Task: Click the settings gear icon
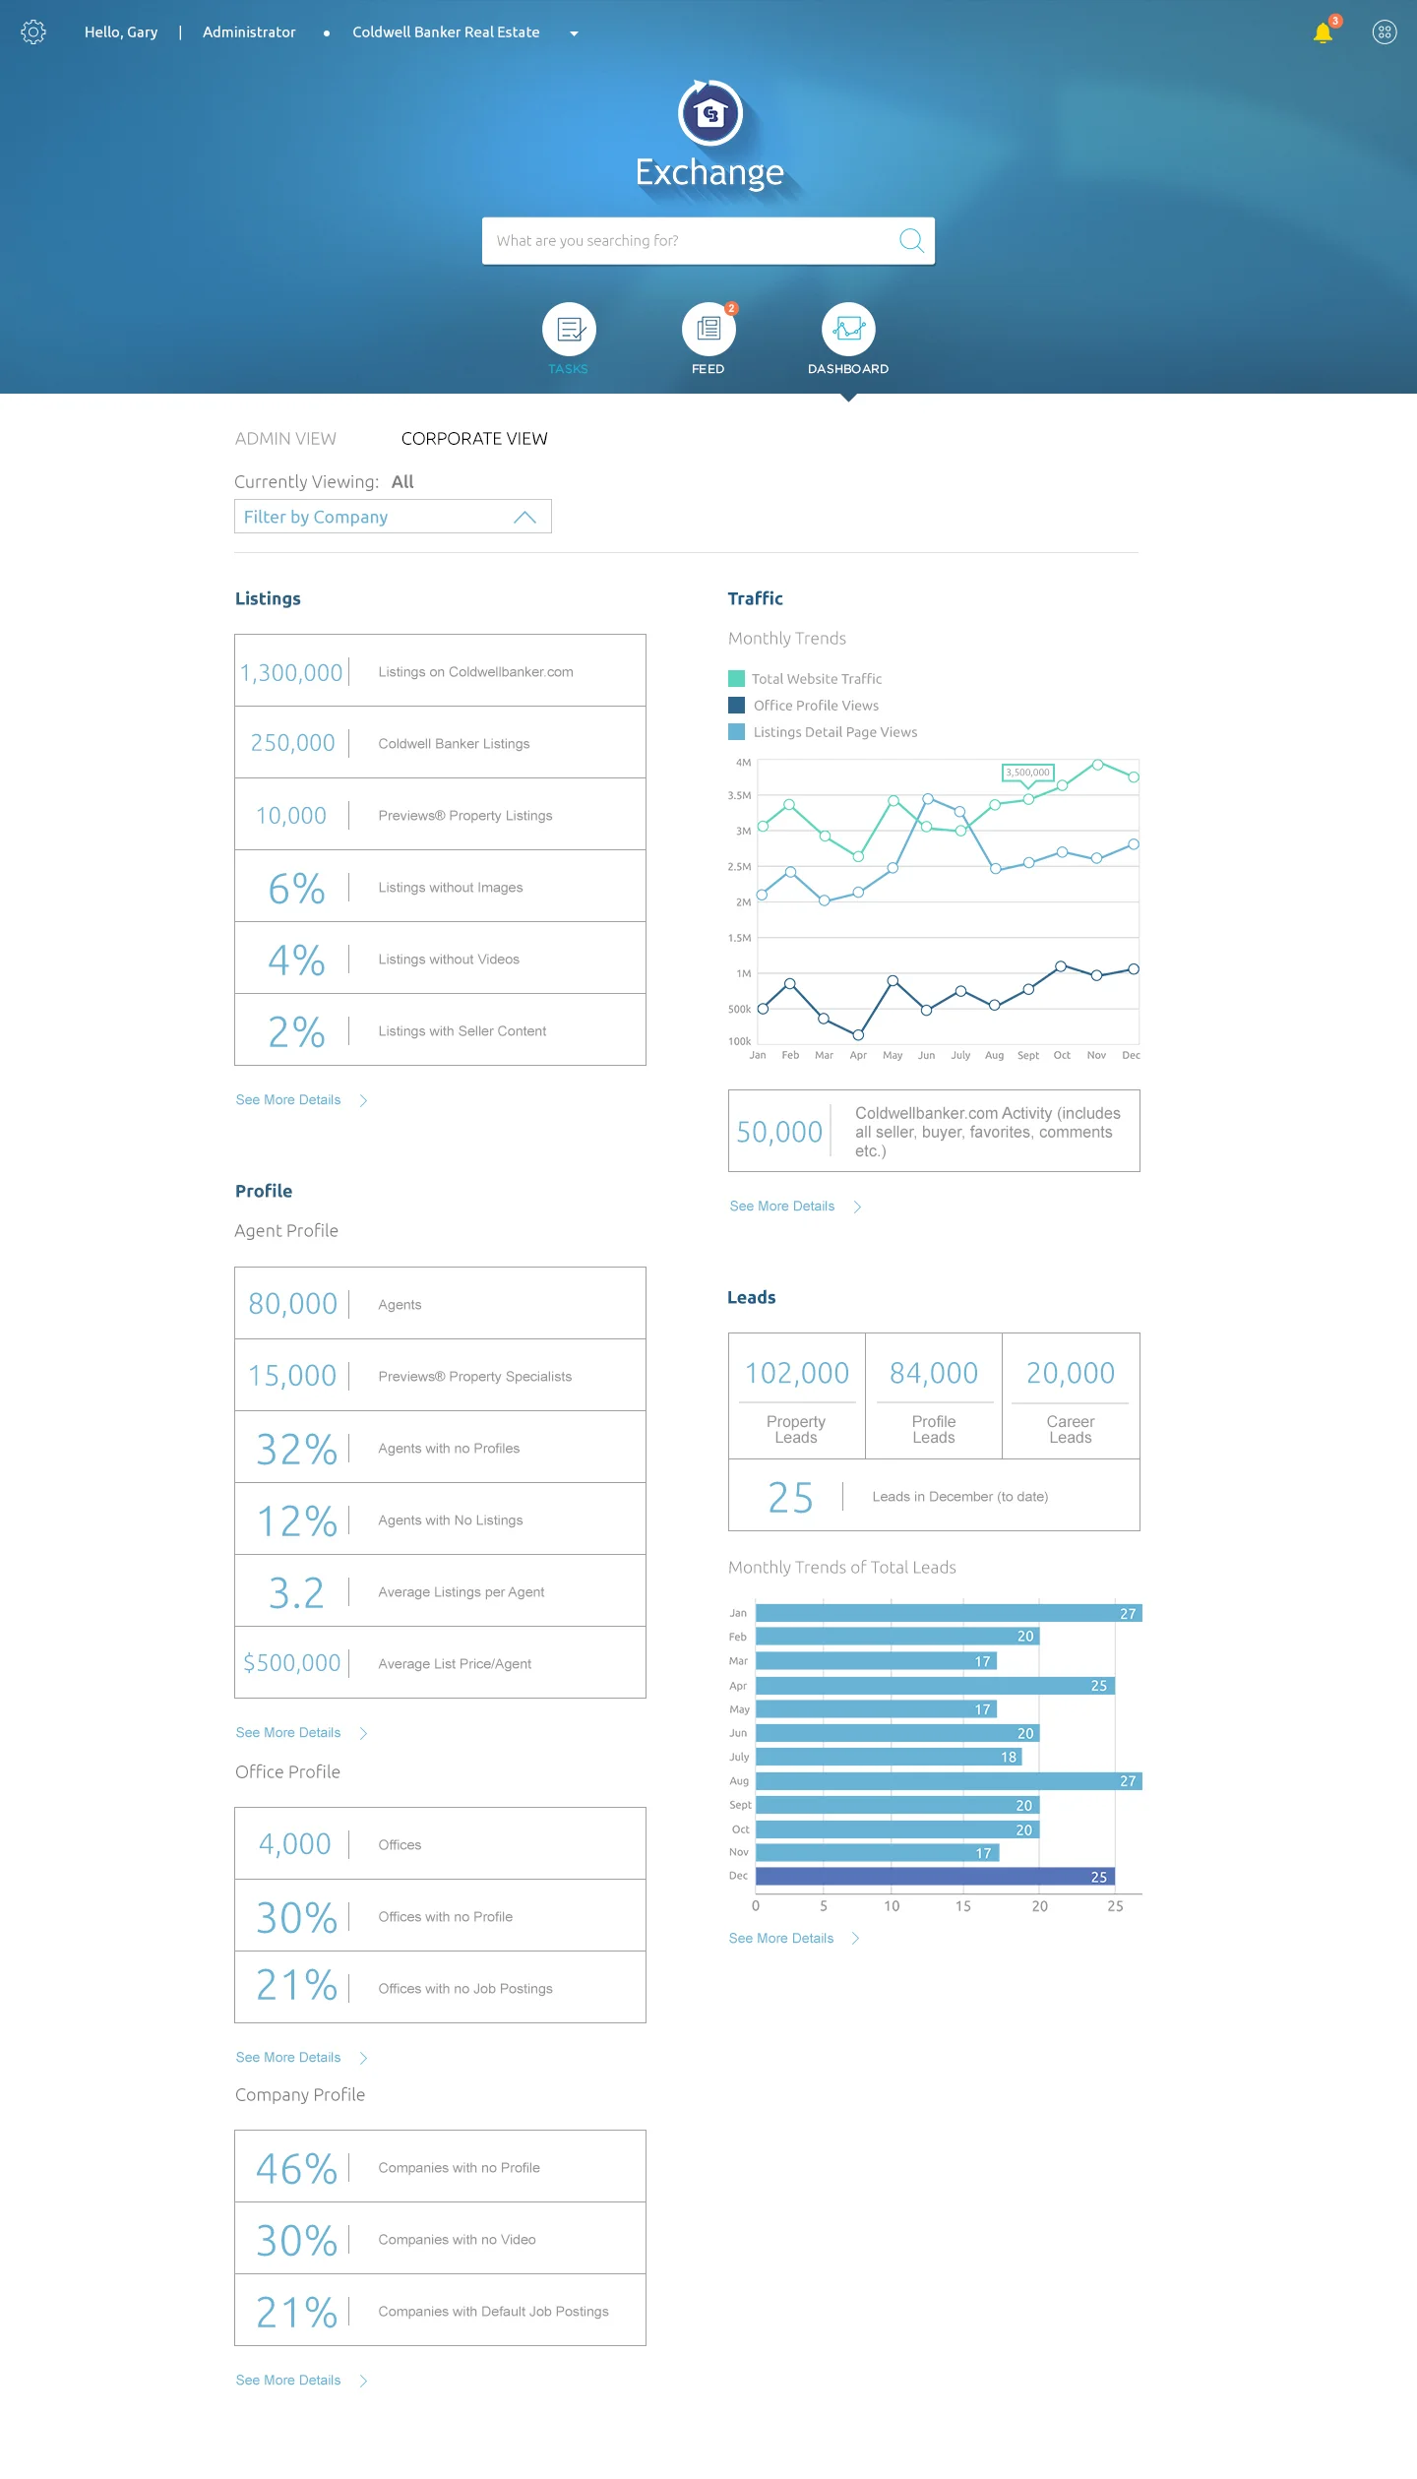pyautogui.click(x=33, y=32)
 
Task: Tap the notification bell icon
pyautogui.click(x=1323, y=33)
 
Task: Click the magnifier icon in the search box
pyautogui.click(x=911, y=240)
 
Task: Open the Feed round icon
pyautogui.click(x=708, y=329)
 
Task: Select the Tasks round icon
pyautogui.click(x=569, y=329)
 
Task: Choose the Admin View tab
pyautogui.click(x=285, y=439)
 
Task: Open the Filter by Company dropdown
pyautogui.click(x=393, y=517)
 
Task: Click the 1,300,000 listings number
pyautogui.click(x=291, y=672)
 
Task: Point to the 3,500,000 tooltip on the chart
pyautogui.click(x=1027, y=773)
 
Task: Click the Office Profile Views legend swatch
pyautogui.click(x=736, y=705)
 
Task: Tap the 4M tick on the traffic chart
pyautogui.click(x=743, y=763)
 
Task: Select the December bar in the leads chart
pyautogui.click(x=935, y=1876)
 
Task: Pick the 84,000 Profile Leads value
pyautogui.click(x=933, y=1373)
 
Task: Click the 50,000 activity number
pyautogui.click(x=779, y=1132)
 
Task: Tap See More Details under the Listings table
pyautogui.click(x=288, y=1099)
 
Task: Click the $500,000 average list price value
pyautogui.click(x=291, y=1663)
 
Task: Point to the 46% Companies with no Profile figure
pyautogui.click(x=296, y=2168)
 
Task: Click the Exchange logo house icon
pyautogui.click(x=709, y=113)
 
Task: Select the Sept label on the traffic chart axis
pyautogui.click(x=1027, y=1055)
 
